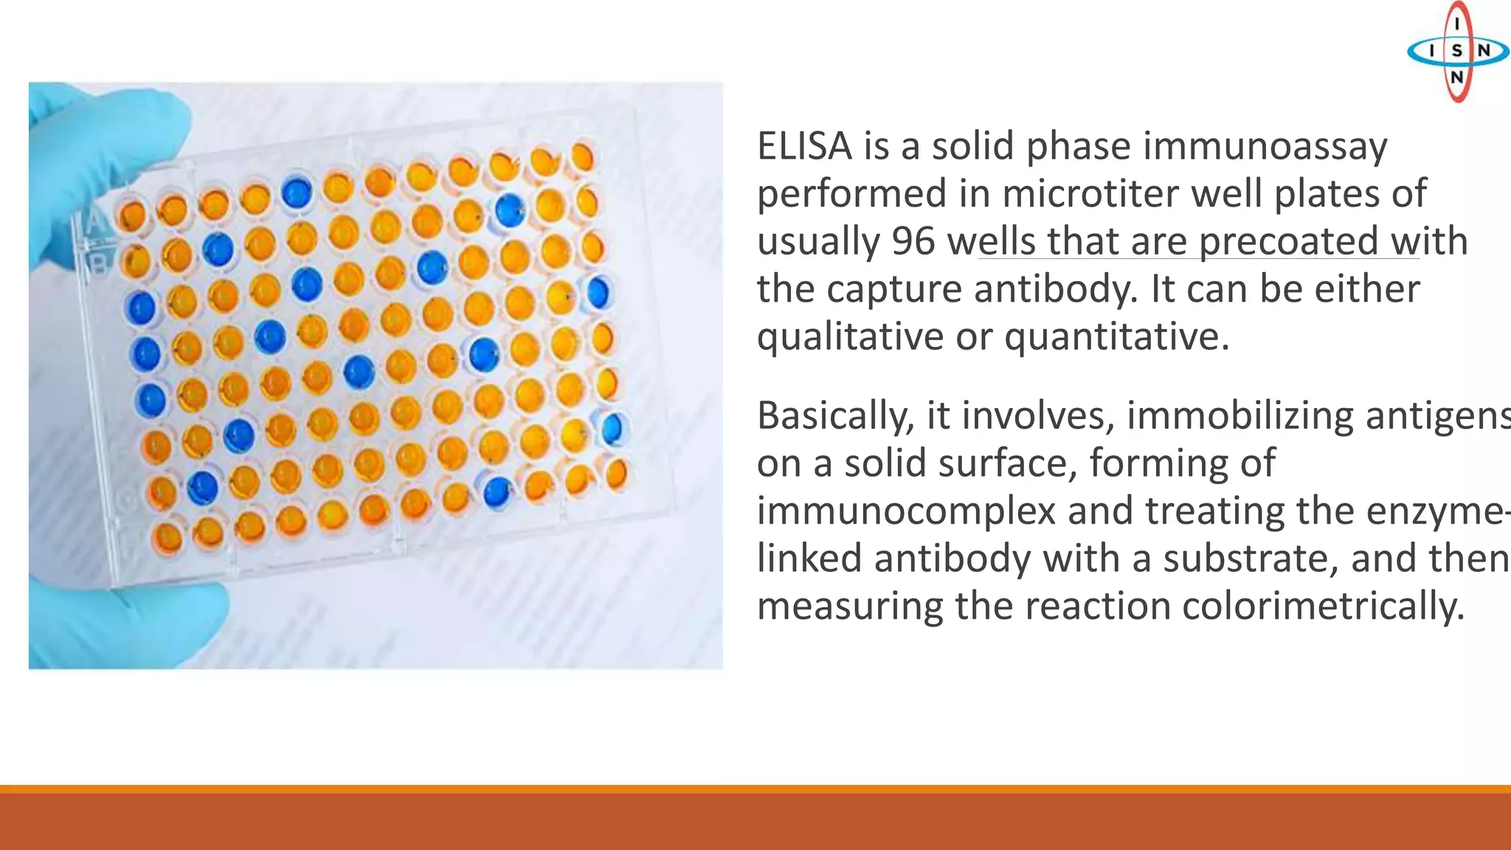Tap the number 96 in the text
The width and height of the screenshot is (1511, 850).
click(913, 241)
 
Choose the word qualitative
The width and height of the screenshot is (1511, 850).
click(850, 336)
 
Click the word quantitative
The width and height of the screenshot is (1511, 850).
click(1116, 336)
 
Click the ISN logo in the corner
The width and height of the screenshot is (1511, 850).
click(1456, 50)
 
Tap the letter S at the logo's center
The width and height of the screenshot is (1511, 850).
click(1456, 51)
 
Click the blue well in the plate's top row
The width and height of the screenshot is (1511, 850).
click(297, 192)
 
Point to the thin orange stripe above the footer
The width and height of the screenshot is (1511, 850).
click(755, 789)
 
